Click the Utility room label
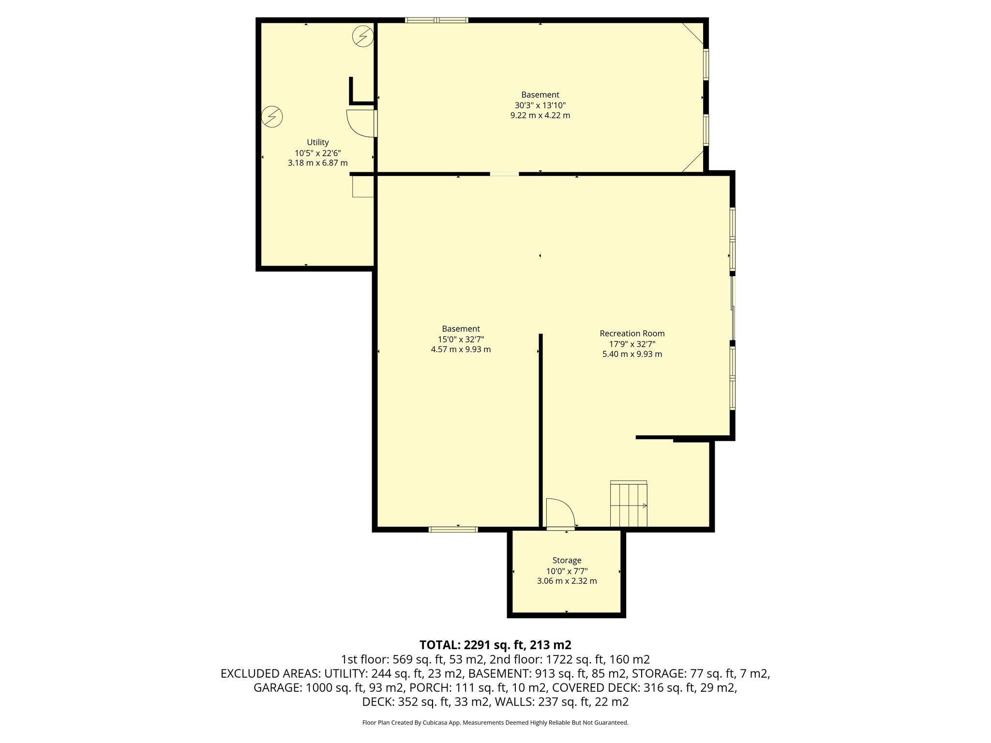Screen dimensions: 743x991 pyautogui.click(x=317, y=142)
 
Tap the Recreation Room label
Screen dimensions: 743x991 pyautogui.click(x=632, y=333)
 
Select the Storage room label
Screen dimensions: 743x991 pyautogui.click(x=567, y=560)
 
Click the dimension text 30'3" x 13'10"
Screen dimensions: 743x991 pyautogui.click(x=540, y=105)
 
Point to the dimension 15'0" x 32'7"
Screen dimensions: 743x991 pyautogui.click(x=461, y=339)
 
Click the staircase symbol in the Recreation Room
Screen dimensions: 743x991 pyautogui.click(x=629, y=504)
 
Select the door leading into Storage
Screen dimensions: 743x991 pyautogui.click(x=560, y=514)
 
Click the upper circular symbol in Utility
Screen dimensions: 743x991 pyautogui.click(x=363, y=36)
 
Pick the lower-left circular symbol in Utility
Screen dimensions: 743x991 pyautogui.click(x=272, y=117)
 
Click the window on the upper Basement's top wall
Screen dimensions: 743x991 pyautogui.click(x=436, y=20)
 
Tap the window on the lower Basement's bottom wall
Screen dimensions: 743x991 pyautogui.click(x=453, y=530)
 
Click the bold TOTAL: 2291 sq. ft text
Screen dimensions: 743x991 pyautogui.click(x=495, y=645)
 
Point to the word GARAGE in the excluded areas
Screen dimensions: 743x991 pyautogui.click(x=277, y=688)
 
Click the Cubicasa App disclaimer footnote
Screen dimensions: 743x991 pyautogui.click(x=495, y=723)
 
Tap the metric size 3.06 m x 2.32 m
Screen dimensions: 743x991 pyautogui.click(x=567, y=581)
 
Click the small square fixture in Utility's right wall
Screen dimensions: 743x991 pyautogui.click(x=363, y=187)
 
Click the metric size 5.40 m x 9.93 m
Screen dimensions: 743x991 pyautogui.click(x=632, y=354)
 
